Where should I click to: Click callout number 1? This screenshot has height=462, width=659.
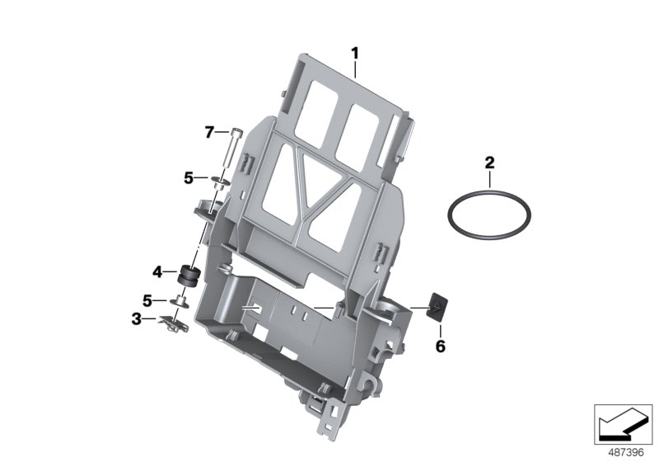click(356, 54)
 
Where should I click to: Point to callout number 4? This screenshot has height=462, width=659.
click(157, 270)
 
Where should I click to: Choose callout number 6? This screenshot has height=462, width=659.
click(440, 347)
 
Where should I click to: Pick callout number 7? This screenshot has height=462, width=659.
click(209, 131)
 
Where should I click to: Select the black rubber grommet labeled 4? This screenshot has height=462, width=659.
click(190, 274)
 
